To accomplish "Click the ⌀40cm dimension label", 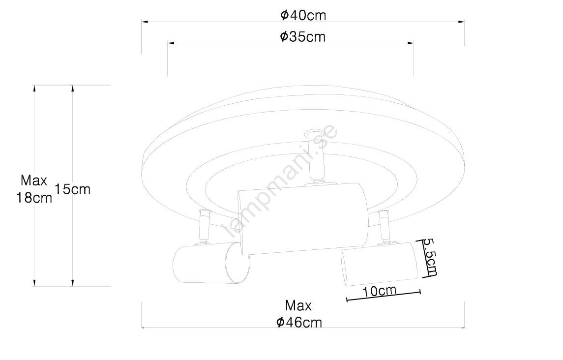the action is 303,15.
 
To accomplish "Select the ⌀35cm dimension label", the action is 302,37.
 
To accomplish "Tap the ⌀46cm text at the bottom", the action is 299,322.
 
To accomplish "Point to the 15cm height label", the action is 73,189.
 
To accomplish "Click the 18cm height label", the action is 34,198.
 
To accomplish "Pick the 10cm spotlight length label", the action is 379,291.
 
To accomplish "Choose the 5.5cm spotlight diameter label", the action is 429,257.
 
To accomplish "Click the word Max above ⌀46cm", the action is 298,305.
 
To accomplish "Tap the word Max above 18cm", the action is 34,180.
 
